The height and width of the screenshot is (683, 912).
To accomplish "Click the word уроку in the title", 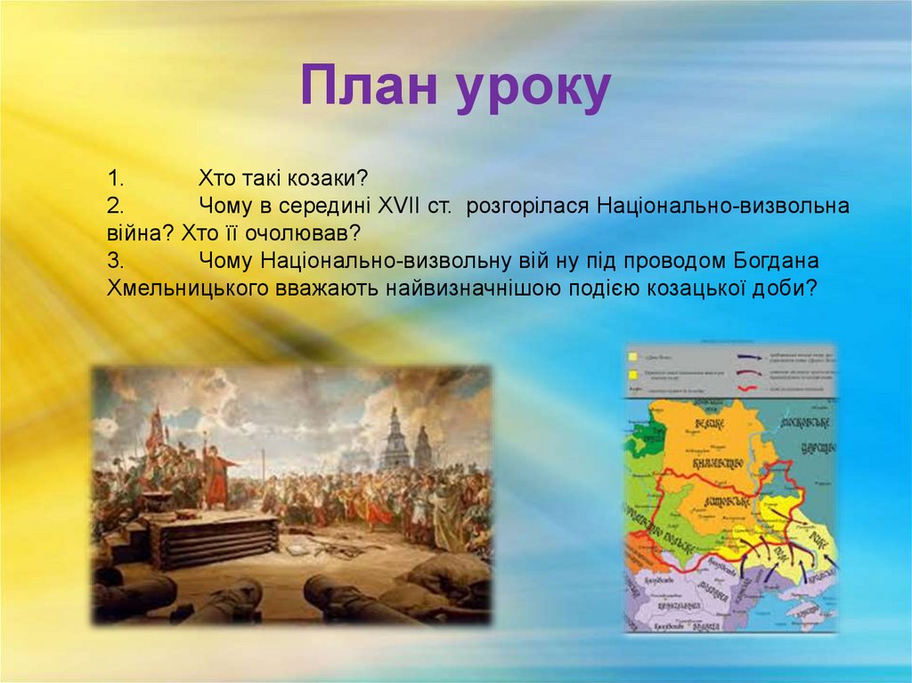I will click(533, 89).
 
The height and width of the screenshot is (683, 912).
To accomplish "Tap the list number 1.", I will click(116, 176).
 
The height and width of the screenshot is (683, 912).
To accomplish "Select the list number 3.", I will click(116, 261).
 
